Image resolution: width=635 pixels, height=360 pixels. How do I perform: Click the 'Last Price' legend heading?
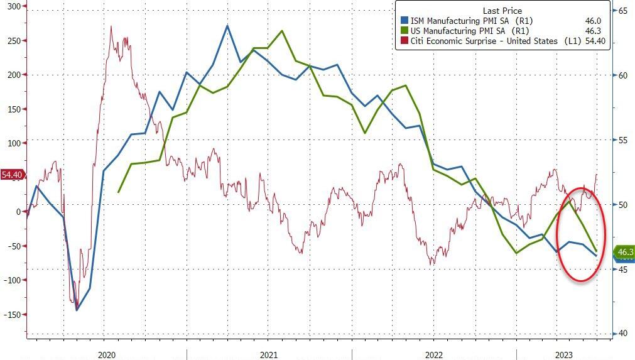(502, 11)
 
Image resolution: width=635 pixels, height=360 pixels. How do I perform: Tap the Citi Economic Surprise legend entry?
(484, 41)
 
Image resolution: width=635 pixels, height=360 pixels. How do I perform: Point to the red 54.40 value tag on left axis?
(12, 175)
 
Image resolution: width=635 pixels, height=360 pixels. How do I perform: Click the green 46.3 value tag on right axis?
(624, 252)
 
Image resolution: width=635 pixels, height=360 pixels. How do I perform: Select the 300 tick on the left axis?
(14, 6)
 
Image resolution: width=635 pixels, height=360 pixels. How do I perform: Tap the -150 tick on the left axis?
(12, 315)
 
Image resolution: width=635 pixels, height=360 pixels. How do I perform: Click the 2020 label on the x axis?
(107, 355)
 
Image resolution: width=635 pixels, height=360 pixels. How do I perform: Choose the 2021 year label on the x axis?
(269, 355)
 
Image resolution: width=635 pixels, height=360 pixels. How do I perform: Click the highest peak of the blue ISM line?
(227, 26)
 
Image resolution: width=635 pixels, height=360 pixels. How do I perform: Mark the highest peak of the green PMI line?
(281, 31)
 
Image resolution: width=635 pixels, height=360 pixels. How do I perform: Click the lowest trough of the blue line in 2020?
(77, 310)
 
